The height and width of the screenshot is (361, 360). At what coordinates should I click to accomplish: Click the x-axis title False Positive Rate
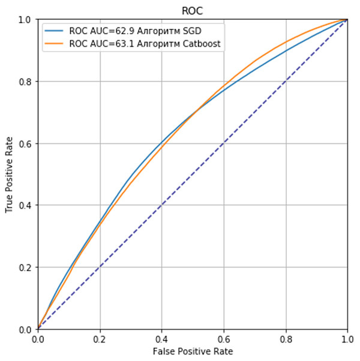(193, 351)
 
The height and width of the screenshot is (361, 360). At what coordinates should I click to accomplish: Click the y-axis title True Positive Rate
(10, 174)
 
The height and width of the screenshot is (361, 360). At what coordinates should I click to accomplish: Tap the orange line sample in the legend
(56, 43)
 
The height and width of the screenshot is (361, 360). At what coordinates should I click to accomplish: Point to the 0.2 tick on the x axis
(100, 339)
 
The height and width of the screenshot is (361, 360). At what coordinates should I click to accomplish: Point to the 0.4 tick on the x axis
(161, 339)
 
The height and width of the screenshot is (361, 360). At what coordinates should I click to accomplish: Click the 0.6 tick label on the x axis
(224, 339)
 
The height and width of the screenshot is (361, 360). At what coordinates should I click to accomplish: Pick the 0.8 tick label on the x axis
(286, 339)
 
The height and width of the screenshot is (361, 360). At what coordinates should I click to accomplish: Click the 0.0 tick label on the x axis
(38, 339)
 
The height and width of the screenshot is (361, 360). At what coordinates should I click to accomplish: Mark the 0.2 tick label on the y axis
(25, 267)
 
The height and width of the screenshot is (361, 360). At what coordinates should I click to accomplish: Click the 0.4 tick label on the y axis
(25, 205)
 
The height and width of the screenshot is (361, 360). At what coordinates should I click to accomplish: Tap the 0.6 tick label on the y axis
(25, 143)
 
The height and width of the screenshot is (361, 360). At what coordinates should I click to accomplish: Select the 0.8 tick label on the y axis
(25, 82)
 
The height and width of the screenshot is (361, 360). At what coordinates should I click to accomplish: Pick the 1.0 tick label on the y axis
(25, 20)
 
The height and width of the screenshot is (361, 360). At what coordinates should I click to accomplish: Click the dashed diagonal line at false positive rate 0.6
(224, 143)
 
